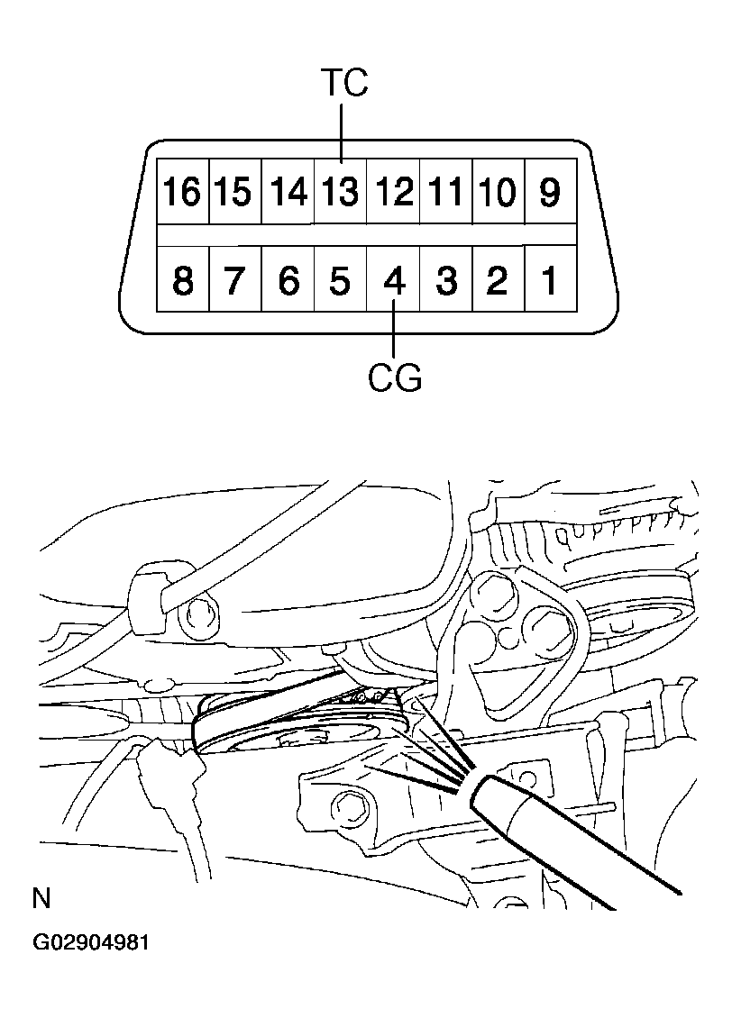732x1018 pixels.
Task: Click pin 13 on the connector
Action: (x=341, y=192)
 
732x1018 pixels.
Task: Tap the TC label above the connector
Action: (x=343, y=84)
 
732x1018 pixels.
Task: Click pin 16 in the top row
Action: (x=183, y=192)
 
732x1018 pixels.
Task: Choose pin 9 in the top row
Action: (x=550, y=192)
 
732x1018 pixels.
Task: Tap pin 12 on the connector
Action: (x=393, y=192)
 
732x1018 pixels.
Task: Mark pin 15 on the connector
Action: (x=235, y=192)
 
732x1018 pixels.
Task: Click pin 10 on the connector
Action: (x=498, y=192)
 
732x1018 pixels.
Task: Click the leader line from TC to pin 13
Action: (x=343, y=131)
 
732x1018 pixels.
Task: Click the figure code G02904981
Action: (x=91, y=943)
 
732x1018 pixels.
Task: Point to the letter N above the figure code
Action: (x=41, y=897)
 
